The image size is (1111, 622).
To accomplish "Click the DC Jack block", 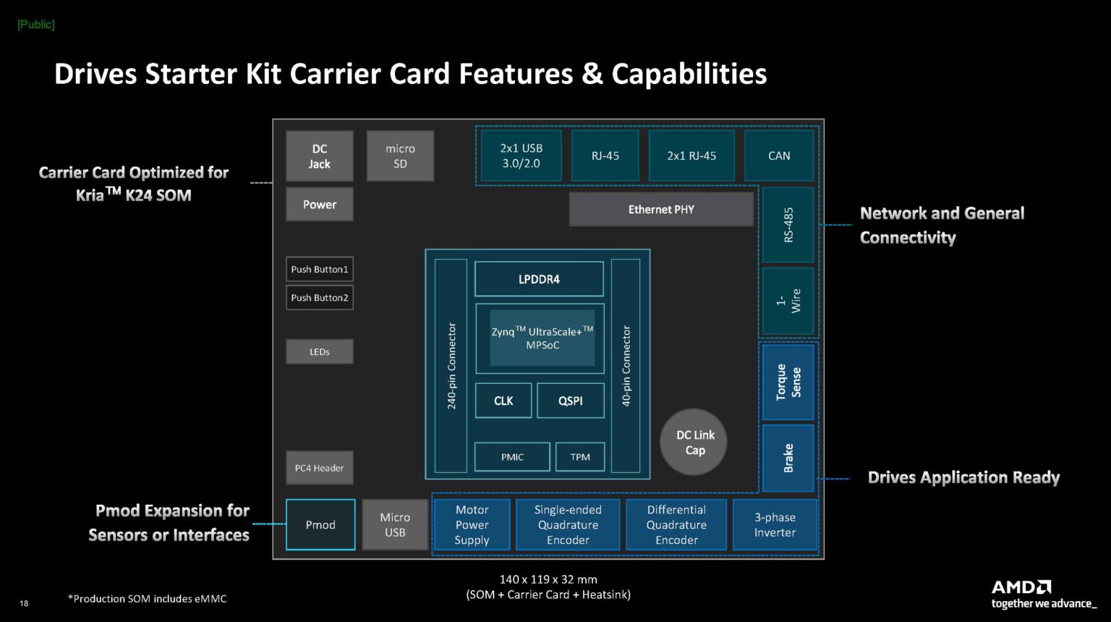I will pos(319,156).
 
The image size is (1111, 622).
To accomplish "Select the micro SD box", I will pos(400,156).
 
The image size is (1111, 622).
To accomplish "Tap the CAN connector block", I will pos(779,155).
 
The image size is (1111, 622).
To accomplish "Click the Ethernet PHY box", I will pos(661,209).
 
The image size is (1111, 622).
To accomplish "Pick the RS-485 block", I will pos(788,225).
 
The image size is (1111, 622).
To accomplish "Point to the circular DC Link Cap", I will pos(694,443).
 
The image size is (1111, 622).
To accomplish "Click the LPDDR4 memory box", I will pos(539,279).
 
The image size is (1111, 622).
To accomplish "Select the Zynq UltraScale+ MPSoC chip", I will pos(542,338).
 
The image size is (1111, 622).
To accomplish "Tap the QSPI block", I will pos(570,401).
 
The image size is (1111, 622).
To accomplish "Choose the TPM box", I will pos(580,457).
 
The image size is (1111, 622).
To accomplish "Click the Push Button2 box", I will pos(320,298).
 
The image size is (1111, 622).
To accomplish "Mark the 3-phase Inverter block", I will pos(775,525).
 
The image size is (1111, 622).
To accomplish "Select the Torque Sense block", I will pos(788,383).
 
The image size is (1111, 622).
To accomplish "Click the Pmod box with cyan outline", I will pos(320,525).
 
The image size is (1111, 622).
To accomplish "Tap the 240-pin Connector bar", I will pos(451,366).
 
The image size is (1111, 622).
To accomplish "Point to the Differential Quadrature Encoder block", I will pos(676,525).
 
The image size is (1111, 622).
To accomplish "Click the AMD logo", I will pos(1021,587).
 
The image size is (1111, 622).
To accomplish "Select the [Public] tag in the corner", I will pos(36,25).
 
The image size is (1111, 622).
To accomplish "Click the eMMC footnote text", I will pos(148,599).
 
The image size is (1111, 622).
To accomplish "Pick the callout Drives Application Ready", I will pos(963,477).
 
